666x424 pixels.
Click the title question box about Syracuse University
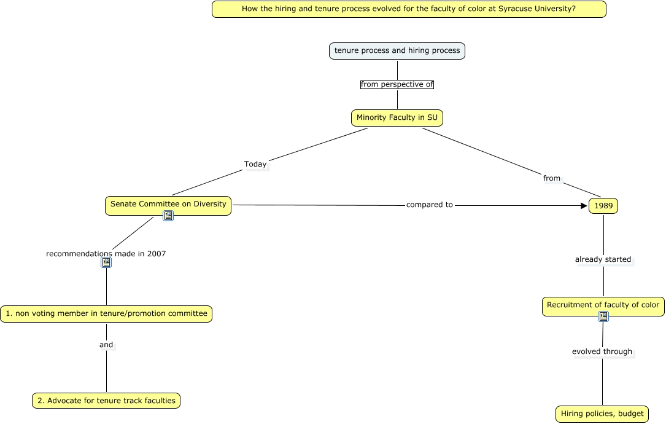(x=409, y=9)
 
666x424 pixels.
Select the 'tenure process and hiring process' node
(x=397, y=50)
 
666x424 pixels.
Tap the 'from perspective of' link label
(x=397, y=84)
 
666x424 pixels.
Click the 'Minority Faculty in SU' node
(x=397, y=117)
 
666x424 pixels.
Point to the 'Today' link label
(x=255, y=164)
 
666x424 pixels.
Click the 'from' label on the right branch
(x=552, y=178)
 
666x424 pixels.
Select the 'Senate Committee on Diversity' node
(x=168, y=204)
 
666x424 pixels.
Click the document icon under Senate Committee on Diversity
(x=168, y=216)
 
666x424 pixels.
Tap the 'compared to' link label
(x=430, y=205)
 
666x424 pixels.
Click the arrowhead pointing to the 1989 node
(x=584, y=206)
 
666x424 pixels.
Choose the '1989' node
(x=603, y=206)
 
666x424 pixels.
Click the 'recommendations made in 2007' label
(x=106, y=253)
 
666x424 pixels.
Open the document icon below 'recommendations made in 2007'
(x=106, y=262)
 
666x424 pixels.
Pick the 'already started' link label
(x=603, y=259)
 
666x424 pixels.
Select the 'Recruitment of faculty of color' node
(x=603, y=305)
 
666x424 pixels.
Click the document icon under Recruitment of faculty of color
(x=603, y=316)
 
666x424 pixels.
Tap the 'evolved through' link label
(x=602, y=351)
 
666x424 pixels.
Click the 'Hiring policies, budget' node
(x=602, y=414)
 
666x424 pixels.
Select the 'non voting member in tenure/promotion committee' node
(x=106, y=313)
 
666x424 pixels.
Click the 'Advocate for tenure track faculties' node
(x=106, y=401)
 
